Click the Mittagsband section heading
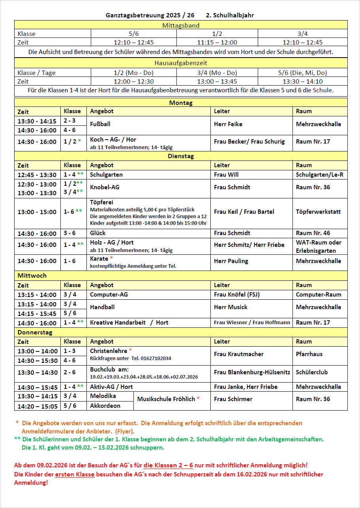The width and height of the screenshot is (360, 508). (x=181, y=25)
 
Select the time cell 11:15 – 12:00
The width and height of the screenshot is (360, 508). (x=217, y=43)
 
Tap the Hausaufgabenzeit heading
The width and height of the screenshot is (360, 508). (x=181, y=63)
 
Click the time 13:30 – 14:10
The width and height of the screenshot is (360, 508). (x=302, y=82)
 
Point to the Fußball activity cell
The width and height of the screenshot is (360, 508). (x=100, y=124)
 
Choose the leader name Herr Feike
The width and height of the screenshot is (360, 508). (x=228, y=124)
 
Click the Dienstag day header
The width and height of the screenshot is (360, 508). (x=181, y=156)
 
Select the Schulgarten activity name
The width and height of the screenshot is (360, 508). (x=106, y=175)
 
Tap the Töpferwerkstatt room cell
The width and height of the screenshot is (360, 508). (x=318, y=212)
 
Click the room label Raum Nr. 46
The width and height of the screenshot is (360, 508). (x=313, y=233)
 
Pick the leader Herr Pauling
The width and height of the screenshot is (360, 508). (x=231, y=261)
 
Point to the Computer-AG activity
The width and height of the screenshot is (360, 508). (x=109, y=295)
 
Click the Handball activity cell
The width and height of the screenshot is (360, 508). (x=102, y=307)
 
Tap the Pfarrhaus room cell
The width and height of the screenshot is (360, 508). (x=309, y=354)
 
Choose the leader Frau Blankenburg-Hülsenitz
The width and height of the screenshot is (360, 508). (x=252, y=372)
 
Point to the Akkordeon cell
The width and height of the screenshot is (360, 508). (x=105, y=406)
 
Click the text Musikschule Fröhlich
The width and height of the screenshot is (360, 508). (x=166, y=399)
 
